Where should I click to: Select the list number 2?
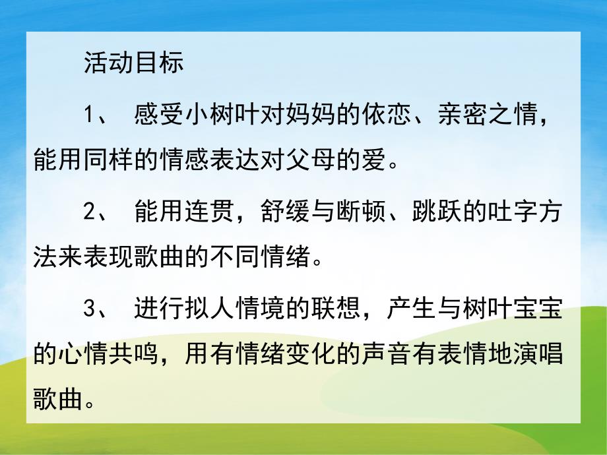(91, 214)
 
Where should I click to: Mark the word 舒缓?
(276, 214)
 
